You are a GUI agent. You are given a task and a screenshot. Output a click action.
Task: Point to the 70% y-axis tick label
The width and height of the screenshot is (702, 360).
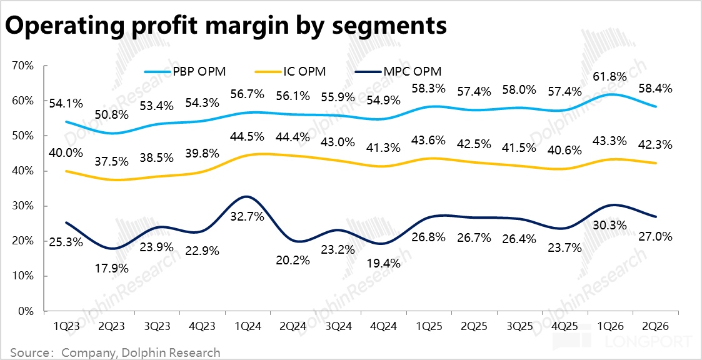(23, 66)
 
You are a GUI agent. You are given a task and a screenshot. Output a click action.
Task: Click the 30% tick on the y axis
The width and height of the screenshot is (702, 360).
(23, 206)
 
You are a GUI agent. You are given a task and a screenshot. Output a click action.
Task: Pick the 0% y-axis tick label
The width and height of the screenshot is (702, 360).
(26, 311)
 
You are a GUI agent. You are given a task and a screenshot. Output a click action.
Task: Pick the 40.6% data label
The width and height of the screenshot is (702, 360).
(568, 151)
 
